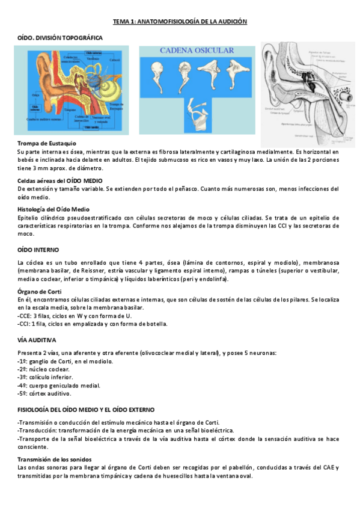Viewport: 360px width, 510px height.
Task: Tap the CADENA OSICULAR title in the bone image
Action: click(x=195, y=52)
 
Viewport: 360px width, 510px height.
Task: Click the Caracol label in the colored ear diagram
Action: click(x=114, y=60)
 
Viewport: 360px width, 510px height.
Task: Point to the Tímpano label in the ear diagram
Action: click(x=70, y=111)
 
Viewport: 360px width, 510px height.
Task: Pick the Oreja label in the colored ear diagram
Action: click(x=35, y=94)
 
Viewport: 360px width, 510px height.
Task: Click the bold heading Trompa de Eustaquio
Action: click(x=47, y=143)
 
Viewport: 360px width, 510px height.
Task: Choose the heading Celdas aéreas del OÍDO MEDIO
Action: click(x=60, y=180)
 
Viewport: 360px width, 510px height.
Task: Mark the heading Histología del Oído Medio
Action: click(x=53, y=209)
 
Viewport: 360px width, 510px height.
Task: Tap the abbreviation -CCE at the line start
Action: click(x=25, y=315)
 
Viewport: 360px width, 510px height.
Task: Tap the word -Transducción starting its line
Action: click(x=38, y=431)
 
